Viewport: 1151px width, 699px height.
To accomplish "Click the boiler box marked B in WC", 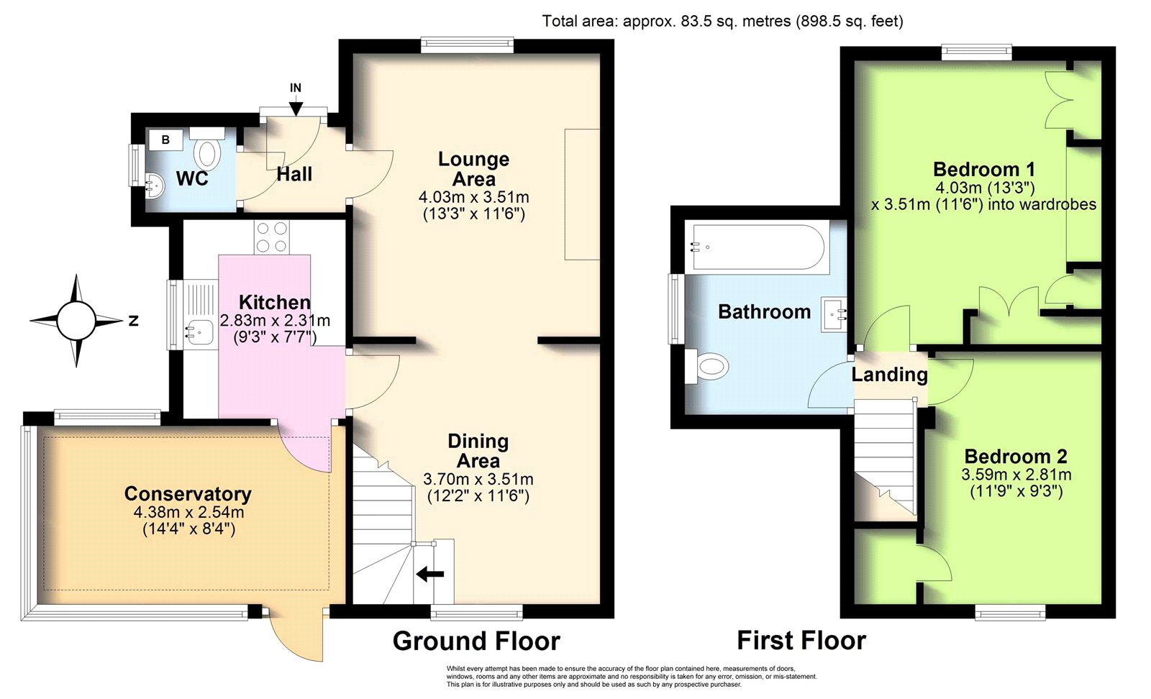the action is click(x=165, y=140).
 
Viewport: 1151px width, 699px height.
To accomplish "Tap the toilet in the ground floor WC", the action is click(x=207, y=149).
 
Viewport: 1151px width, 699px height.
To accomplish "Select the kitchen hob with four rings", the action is click(x=271, y=237).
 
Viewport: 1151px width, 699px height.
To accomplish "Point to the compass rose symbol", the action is click(x=76, y=321).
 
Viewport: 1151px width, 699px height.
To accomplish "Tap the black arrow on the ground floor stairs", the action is click(x=430, y=574).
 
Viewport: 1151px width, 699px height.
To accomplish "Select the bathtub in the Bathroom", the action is click(x=758, y=247).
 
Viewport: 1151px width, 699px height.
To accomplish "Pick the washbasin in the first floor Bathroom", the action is click(x=834, y=315).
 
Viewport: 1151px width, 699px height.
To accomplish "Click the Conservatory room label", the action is click(x=188, y=493).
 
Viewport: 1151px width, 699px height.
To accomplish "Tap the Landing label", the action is click(x=889, y=375).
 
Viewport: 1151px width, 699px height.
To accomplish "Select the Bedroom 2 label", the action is click(x=1016, y=456).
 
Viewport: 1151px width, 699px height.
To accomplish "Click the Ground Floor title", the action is click(x=476, y=641).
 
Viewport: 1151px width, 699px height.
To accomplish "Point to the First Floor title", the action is click(x=801, y=641).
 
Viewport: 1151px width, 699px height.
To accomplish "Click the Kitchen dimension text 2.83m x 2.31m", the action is click(x=275, y=321).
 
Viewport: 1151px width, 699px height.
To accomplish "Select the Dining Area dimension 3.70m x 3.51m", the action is click(x=478, y=479).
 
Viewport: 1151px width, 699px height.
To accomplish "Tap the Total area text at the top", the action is click(x=722, y=21).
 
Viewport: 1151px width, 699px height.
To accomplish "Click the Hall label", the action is click(x=294, y=174).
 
